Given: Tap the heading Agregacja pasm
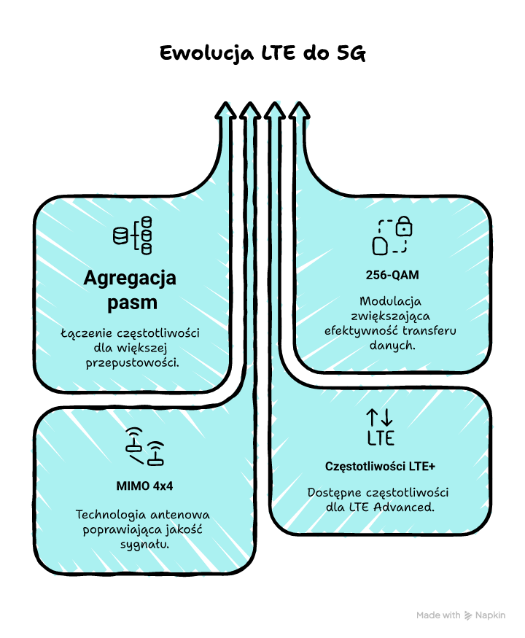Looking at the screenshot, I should tap(130, 289).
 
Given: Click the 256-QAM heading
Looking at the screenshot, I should tap(392, 276).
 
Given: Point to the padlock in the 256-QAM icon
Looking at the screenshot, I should tap(404, 227).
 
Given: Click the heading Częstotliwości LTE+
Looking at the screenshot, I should tap(380, 465).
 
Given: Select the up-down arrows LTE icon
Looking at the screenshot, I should tap(380, 427).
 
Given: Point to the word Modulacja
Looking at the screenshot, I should tap(392, 301).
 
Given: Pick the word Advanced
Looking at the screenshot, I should tap(405, 505).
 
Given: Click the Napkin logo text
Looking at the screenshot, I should tap(490, 615).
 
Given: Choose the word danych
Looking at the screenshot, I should tap(392, 346).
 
